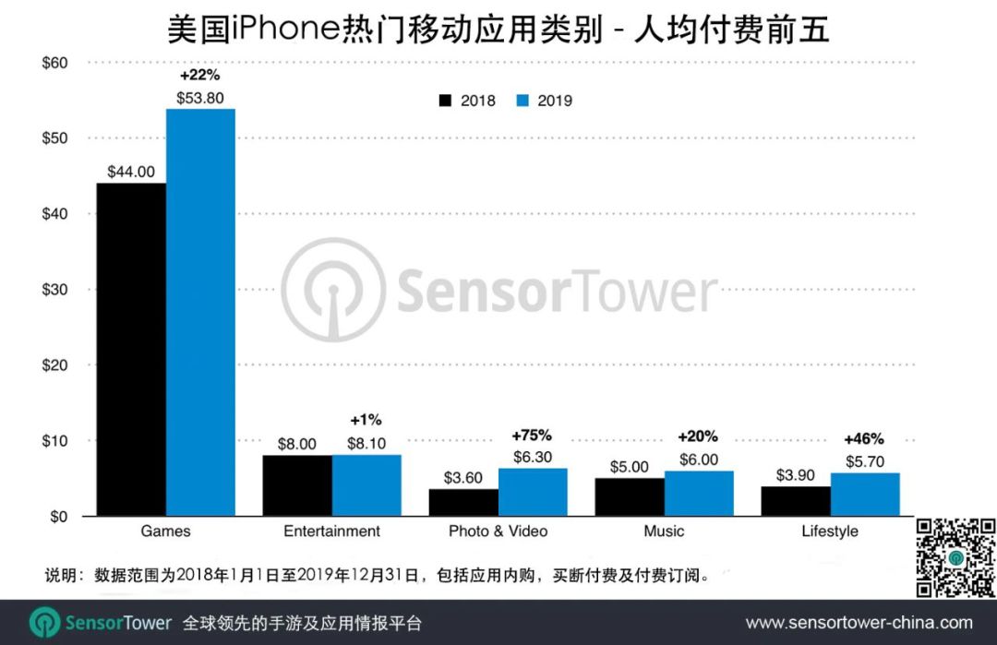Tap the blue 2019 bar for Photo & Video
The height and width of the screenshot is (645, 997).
click(x=533, y=492)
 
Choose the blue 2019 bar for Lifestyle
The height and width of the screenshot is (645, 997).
click(x=865, y=494)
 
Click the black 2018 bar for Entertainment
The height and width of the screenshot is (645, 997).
click(x=297, y=485)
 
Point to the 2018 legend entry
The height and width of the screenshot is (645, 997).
click(x=468, y=101)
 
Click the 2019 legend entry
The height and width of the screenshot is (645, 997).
click(x=545, y=101)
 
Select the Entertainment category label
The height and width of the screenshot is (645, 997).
click(x=331, y=532)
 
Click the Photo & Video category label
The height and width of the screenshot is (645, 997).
click(x=498, y=532)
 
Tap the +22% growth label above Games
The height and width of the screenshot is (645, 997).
click(x=199, y=76)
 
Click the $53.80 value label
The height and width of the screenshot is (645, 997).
click(x=199, y=97)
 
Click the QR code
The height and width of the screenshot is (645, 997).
click(x=955, y=556)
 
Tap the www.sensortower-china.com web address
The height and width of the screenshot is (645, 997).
click(x=859, y=623)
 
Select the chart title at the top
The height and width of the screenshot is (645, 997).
click(x=498, y=30)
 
